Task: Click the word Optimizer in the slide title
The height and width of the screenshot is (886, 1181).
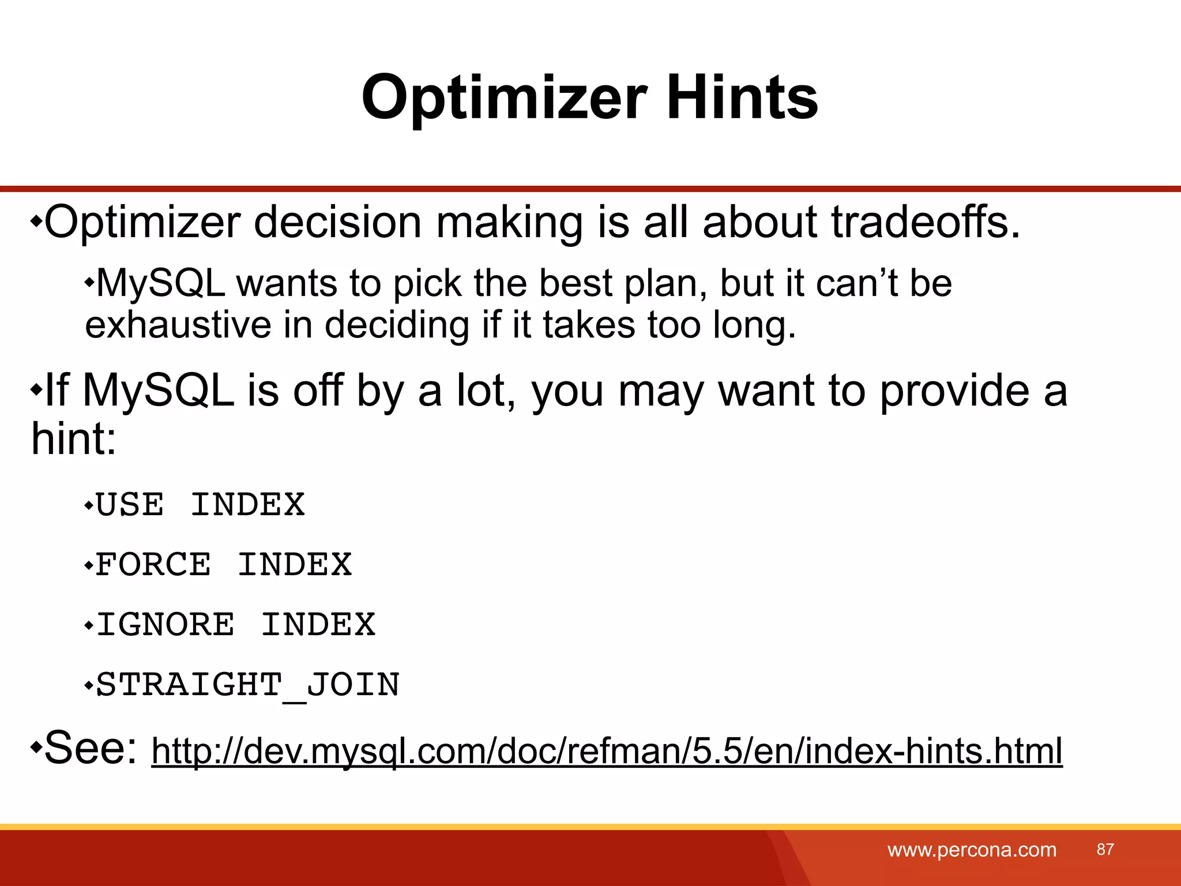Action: coord(504,98)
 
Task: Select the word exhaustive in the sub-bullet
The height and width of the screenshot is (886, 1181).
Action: coord(178,325)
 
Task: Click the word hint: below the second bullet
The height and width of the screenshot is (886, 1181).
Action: coord(74,438)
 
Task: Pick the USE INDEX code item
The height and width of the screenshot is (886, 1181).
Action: coord(200,505)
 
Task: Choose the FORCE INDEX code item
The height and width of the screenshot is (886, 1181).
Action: coord(223,565)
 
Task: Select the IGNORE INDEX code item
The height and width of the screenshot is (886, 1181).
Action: coord(235,625)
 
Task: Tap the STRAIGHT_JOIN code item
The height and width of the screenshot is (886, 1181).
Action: coord(247,685)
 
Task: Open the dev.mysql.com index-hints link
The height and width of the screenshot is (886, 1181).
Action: coord(607,751)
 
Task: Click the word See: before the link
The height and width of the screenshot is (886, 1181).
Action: coord(90,748)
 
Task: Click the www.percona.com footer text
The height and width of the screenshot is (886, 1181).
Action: coord(972,850)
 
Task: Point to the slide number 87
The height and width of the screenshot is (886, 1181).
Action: coord(1105,849)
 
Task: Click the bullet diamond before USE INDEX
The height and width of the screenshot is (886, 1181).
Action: coord(88,506)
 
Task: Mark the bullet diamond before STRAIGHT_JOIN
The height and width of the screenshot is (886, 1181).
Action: coord(88,686)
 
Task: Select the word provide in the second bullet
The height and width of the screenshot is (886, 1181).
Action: coord(954,391)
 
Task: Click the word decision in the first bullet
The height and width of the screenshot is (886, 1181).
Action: coord(337,222)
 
